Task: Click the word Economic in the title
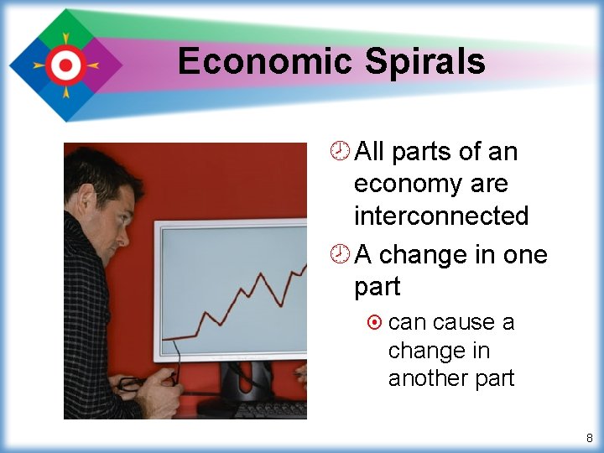click(265, 62)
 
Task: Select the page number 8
click(589, 438)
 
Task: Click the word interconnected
click(441, 216)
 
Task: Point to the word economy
click(407, 184)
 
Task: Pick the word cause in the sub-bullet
click(462, 323)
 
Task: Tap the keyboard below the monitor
click(268, 410)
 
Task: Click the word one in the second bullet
click(521, 254)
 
